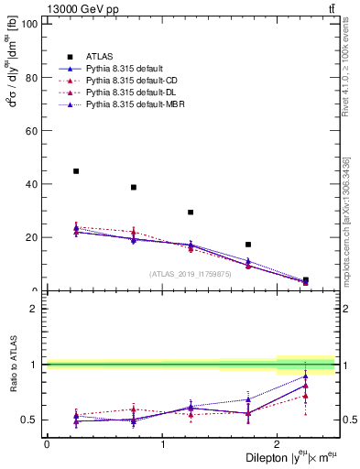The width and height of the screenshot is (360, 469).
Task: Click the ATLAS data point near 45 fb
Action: click(x=76, y=171)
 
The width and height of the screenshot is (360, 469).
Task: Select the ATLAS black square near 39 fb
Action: click(x=134, y=187)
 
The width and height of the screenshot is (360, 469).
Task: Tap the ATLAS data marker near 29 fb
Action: click(x=191, y=213)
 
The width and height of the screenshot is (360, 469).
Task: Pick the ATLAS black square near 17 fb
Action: click(x=248, y=245)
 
